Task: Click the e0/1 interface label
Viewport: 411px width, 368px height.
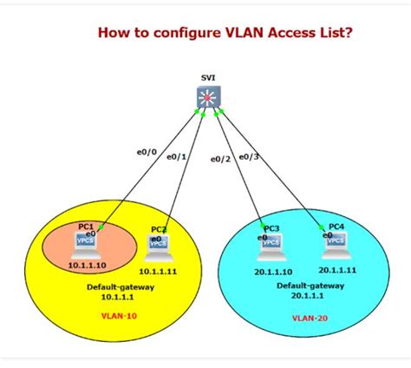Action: click(176, 156)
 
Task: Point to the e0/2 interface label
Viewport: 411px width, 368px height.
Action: click(221, 159)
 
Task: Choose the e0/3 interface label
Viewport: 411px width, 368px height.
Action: click(250, 156)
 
